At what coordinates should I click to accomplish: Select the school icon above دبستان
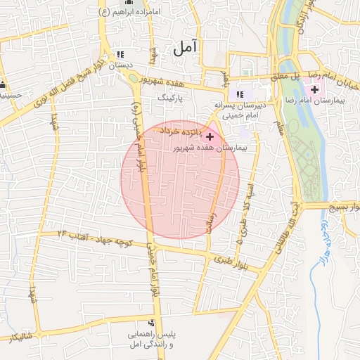(119, 54)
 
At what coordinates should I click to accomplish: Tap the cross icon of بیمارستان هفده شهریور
(210, 136)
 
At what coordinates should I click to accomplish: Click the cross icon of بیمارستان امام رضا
(314, 89)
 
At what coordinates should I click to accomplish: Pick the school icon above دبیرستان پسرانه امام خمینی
(240, 94)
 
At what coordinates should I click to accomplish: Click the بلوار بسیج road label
(340, 206)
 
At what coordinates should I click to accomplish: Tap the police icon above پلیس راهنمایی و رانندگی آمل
(150, 322)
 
